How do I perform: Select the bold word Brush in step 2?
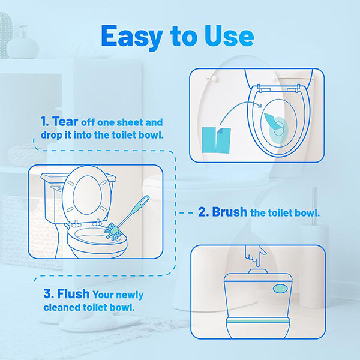pos(229,212)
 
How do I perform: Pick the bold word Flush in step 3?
pos(73,294)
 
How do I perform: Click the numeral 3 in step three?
pos(47,294)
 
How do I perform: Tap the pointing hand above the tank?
pos(256,256)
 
